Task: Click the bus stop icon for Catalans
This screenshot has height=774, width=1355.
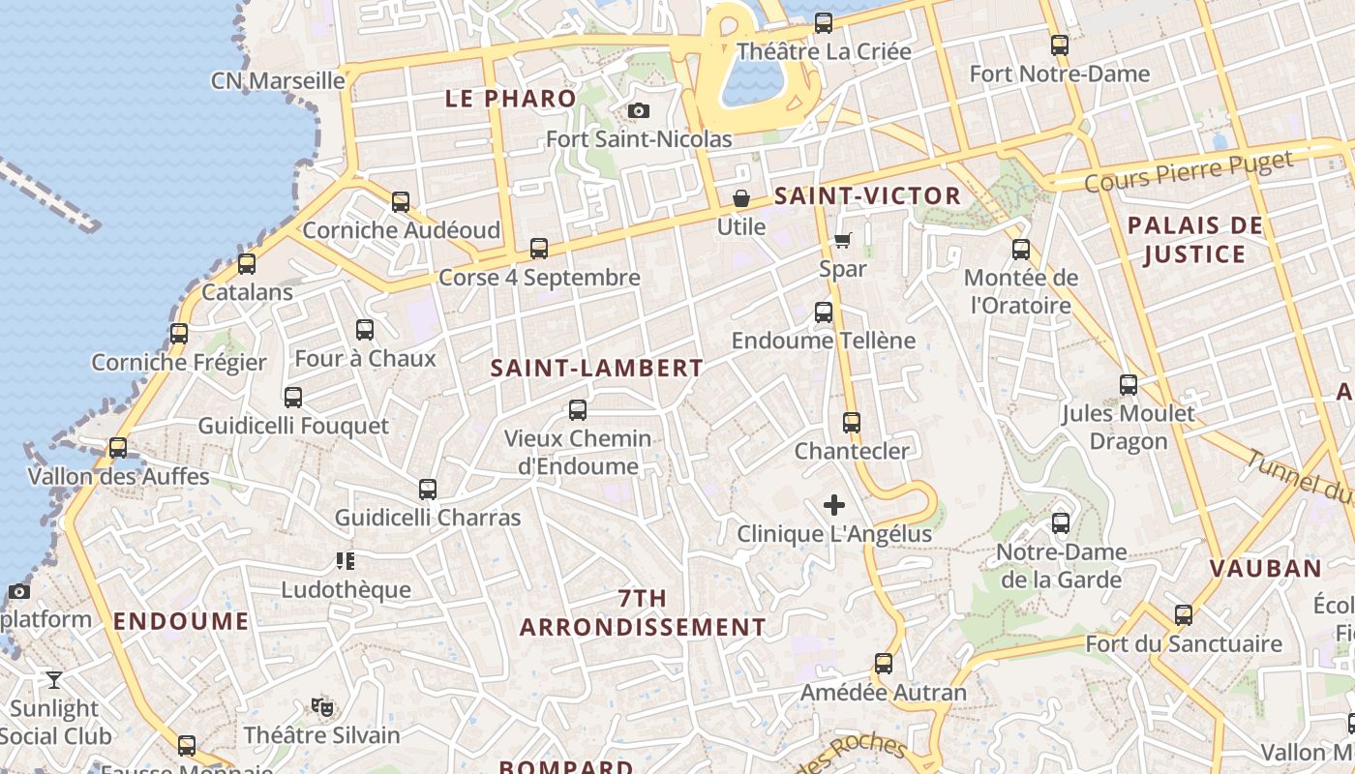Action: point(247,263)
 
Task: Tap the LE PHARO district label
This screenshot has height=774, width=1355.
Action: point(510,99)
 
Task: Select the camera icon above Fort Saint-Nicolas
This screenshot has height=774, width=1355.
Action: point(639,111)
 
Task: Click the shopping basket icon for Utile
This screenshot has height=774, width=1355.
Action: point(741,199)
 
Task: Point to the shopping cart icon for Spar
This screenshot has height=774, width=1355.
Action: point(843,240)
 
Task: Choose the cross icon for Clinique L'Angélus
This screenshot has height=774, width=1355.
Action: point(834,505)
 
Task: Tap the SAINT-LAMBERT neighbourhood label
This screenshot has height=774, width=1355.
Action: point(596,369)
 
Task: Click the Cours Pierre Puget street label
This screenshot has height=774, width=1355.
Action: point(1189,172)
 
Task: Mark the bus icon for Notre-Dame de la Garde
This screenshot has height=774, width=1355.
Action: point(1061,523)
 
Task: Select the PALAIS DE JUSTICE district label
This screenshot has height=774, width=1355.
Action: point(1195,240)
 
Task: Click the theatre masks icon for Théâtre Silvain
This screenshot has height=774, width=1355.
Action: point(322,707)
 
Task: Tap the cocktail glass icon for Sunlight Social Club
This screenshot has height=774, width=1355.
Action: point(54,680)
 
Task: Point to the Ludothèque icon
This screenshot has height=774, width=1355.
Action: point(346,561)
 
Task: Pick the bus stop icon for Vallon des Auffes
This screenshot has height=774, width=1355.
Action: point(118,448)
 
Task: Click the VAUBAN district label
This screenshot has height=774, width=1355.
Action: point(1266,569)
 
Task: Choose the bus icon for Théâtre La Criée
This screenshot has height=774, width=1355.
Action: point(824,22)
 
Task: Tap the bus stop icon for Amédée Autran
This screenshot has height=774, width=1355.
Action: point(884,664)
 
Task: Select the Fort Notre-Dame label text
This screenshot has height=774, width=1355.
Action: point(1060,74)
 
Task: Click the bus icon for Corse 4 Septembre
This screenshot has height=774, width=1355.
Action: point(539,249)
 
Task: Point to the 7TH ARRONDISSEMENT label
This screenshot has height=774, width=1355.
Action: point(643,613)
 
